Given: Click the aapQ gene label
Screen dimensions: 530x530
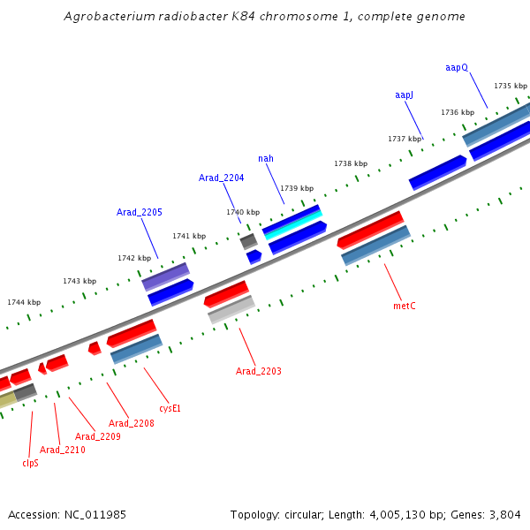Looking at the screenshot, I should (457, 67).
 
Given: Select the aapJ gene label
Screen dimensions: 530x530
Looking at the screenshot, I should (404, 95).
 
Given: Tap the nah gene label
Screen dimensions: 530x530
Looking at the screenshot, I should (266, 159).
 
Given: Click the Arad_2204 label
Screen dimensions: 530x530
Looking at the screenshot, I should (221, 178).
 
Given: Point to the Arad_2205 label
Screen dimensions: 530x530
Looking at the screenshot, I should (140, 212).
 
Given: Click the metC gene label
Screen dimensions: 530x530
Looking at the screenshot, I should (404, 306).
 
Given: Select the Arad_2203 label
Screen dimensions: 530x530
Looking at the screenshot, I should (258, 371).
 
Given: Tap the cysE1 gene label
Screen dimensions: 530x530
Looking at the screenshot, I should (170, 408).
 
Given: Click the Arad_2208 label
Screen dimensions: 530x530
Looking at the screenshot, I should (132, 423).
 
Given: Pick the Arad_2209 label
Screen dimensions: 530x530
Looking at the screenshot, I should (97, 436).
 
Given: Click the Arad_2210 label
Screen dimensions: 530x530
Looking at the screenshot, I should (63, 450).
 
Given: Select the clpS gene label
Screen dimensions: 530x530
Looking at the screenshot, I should (30, 462).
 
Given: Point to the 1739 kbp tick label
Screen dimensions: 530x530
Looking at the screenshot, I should (297, 188).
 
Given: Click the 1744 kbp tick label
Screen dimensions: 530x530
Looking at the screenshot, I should (23, 302).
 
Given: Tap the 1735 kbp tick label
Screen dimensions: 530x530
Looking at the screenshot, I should (510, 86).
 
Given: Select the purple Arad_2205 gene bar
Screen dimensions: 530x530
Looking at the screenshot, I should (165, 276).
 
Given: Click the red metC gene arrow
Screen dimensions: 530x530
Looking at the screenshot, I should (370, 229).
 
